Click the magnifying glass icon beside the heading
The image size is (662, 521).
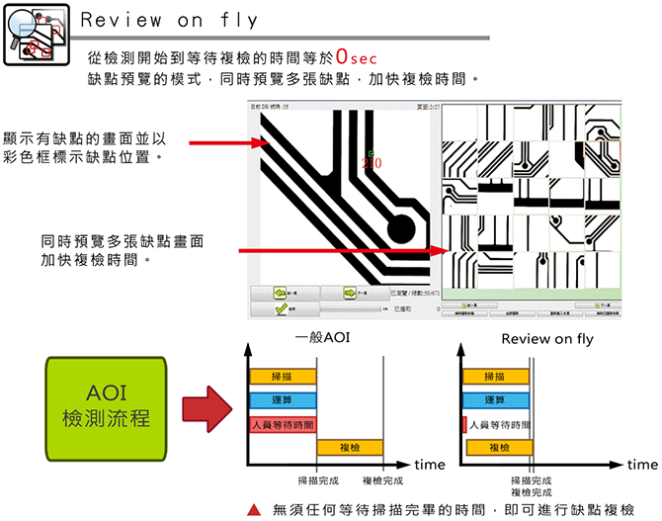point(21,30)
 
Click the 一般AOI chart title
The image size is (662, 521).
point(321,339)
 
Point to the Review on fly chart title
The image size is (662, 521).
point(546,339)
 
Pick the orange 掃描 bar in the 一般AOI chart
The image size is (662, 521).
point(283,378)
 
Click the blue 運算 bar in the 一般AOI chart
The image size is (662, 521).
point(283,400)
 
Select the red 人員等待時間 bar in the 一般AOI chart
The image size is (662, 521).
point(283,424)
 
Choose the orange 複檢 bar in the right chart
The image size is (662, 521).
point(499,448)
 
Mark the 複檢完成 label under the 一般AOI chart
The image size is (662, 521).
point(383,479)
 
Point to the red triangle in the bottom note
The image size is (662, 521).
point(254,510)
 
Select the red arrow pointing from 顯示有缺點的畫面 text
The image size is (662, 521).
point(217,143)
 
